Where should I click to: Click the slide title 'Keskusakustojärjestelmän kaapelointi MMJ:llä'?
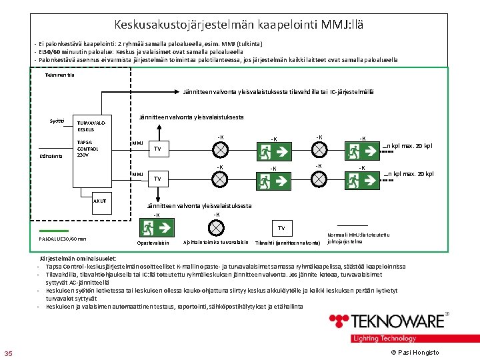point(239,25)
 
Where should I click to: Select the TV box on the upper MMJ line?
point(157,148)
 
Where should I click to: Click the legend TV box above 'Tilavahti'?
point(281,228)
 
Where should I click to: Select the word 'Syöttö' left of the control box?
point(57,121)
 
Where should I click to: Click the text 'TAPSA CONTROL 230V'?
point(87,148)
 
